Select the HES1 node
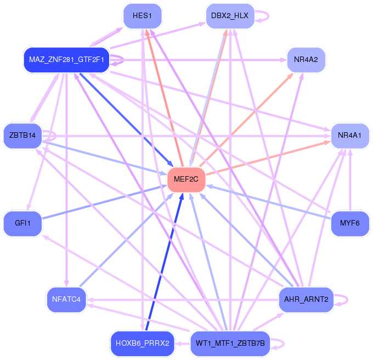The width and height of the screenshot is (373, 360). point(142,15)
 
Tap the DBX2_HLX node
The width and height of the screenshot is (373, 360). point(230,15)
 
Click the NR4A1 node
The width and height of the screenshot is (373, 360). point(349,135)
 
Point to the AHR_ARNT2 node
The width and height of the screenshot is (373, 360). point(306,299)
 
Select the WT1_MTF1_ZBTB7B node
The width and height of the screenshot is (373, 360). point(230,344)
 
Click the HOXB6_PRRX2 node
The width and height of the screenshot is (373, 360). point(142,344)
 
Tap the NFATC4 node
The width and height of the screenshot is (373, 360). point(66,299)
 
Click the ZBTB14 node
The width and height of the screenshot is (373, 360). point(22,135)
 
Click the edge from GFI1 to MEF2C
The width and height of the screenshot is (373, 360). point(104,203)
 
